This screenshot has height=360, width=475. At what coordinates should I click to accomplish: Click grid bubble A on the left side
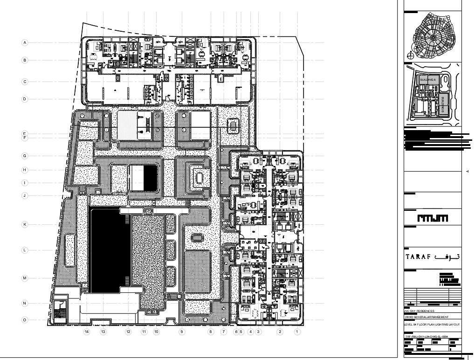(25, 42)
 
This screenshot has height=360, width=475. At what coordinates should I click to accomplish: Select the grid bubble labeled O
(25, 320)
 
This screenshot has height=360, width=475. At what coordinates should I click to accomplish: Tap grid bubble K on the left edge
(25, 224)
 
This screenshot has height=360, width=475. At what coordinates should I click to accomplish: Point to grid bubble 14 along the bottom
(86, 332)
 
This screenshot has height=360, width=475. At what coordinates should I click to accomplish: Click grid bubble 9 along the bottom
(182, 332)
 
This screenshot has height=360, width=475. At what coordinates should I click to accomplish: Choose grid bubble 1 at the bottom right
(297, 332)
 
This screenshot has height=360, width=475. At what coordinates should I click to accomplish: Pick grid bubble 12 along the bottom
(128, 332)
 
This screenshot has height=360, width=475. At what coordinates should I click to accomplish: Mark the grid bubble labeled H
(25, 170)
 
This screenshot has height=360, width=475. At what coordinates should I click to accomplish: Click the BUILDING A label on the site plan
(428, 80)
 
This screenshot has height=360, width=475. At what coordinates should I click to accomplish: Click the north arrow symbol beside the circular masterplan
(410, 55)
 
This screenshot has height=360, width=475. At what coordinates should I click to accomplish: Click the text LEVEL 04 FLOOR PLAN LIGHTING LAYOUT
(432, 324)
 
